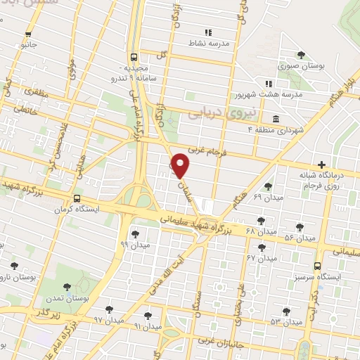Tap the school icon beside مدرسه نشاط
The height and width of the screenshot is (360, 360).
207,32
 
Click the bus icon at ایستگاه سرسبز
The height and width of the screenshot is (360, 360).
318,266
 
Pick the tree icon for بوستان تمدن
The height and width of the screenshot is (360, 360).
67,286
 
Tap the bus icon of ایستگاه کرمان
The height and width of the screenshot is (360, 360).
76,199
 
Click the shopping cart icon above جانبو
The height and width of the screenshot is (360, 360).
28,33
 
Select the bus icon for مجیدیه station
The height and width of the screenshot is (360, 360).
134,58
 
